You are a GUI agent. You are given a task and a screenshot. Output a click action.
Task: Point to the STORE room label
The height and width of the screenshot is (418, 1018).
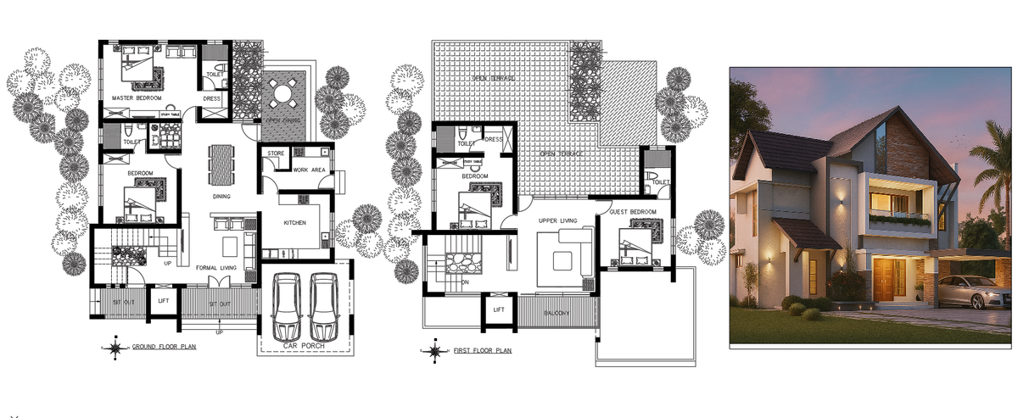point(275,153)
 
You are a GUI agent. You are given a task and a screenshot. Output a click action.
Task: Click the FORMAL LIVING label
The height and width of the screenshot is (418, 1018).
point(215,268)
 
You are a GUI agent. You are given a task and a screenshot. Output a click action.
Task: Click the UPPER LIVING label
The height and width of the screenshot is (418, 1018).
point(557,220)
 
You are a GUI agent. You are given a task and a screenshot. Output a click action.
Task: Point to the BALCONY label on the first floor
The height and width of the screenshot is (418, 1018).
point(557,313)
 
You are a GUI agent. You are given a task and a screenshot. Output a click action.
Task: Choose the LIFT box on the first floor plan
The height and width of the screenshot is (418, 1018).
point(499,310)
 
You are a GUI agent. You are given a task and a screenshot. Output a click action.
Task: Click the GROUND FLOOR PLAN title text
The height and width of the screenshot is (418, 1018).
point(164,347)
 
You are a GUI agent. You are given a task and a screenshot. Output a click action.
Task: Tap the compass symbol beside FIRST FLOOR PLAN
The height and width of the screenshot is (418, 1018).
point(433,350)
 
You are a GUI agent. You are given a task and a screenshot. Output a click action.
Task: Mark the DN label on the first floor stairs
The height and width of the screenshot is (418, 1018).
point(465,282)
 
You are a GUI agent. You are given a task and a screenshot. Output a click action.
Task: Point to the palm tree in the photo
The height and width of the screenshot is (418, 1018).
point(991,170)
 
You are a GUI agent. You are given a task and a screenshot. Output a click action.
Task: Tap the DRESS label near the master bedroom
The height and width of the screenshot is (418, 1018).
point(212,98)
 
